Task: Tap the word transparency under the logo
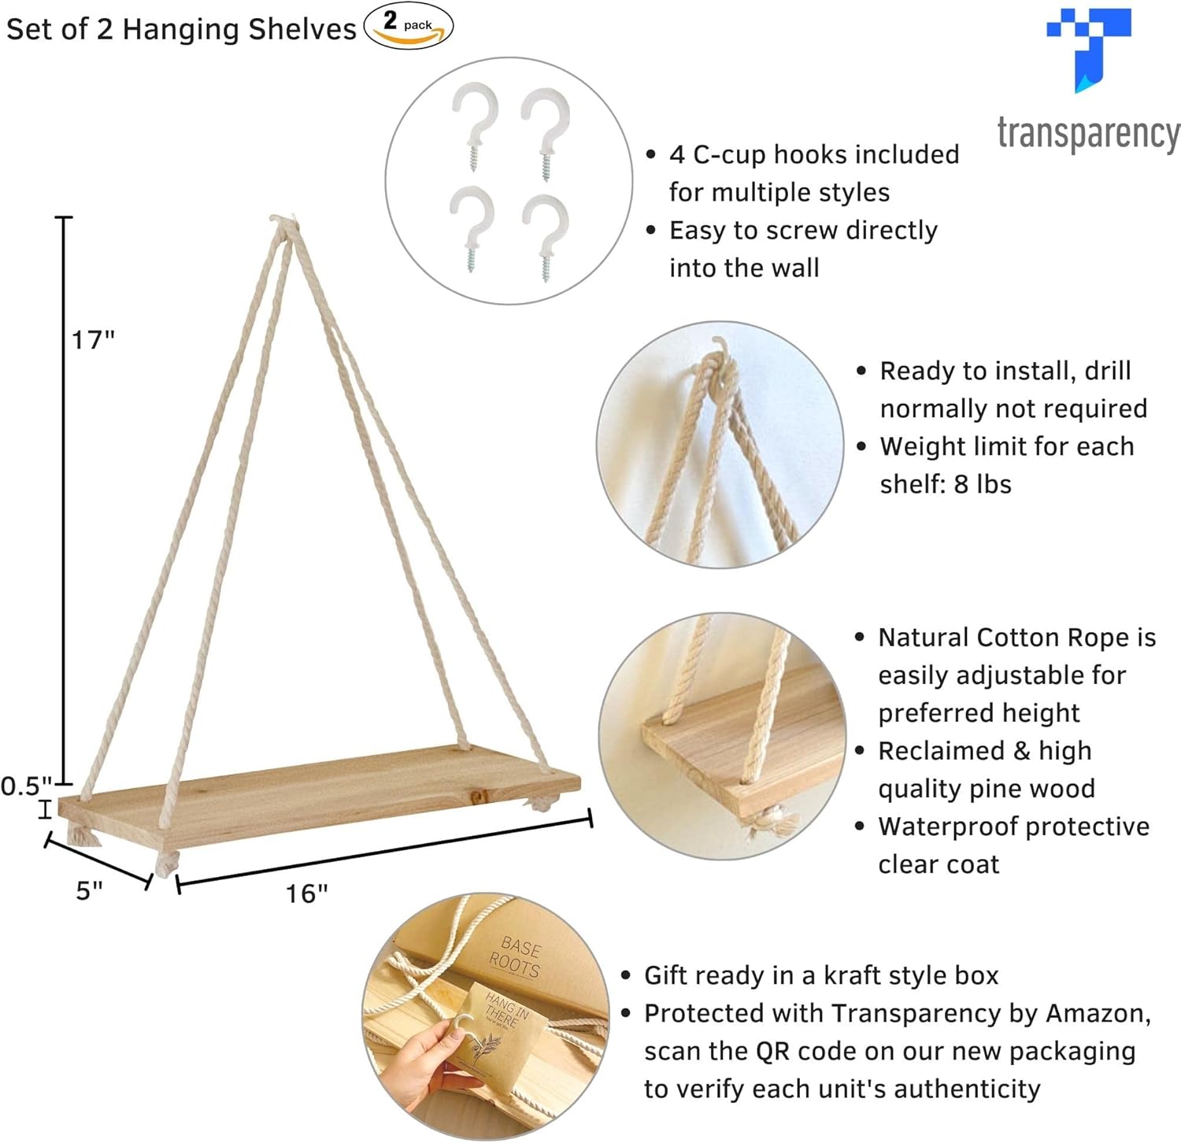tap(1089, 135)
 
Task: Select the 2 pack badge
tap(408, 25)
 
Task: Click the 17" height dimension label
tap(93, 340)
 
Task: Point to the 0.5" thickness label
tap(26, 786)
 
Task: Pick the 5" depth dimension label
tap(89, 890)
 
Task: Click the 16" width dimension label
tap(306, 893)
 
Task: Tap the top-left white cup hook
tap(474, 122)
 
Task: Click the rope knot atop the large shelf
tap(284, 224)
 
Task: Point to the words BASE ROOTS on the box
tap(516, 956)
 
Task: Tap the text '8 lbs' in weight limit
tap(982, 484)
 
